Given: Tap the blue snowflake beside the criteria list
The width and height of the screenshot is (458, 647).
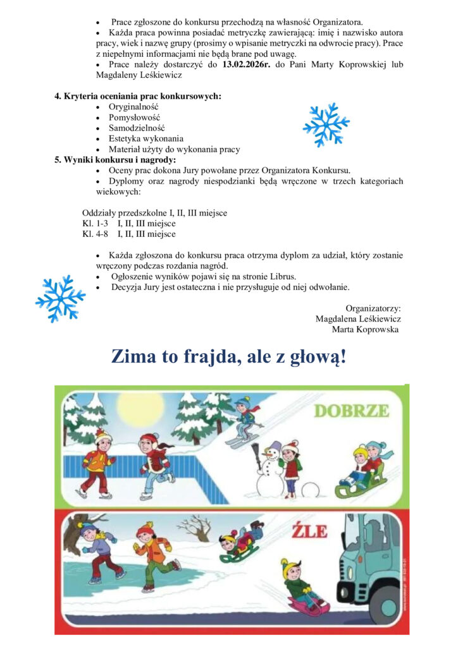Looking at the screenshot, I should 326,124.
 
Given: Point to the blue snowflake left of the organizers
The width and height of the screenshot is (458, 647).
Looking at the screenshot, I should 60,298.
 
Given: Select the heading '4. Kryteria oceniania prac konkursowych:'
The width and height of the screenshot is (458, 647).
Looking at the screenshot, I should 138,97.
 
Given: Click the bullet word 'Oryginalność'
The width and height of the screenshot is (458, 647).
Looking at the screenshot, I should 133,107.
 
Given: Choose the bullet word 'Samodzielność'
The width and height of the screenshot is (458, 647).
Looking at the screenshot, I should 137,128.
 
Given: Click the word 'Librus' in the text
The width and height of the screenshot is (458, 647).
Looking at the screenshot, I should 282,276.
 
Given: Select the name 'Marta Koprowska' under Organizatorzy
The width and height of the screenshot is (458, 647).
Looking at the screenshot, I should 365,329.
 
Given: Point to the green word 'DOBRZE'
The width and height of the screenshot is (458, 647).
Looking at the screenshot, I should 352,411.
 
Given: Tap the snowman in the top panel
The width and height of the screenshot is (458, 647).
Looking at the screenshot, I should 270,471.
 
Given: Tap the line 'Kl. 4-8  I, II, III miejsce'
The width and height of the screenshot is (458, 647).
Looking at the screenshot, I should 129,234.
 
